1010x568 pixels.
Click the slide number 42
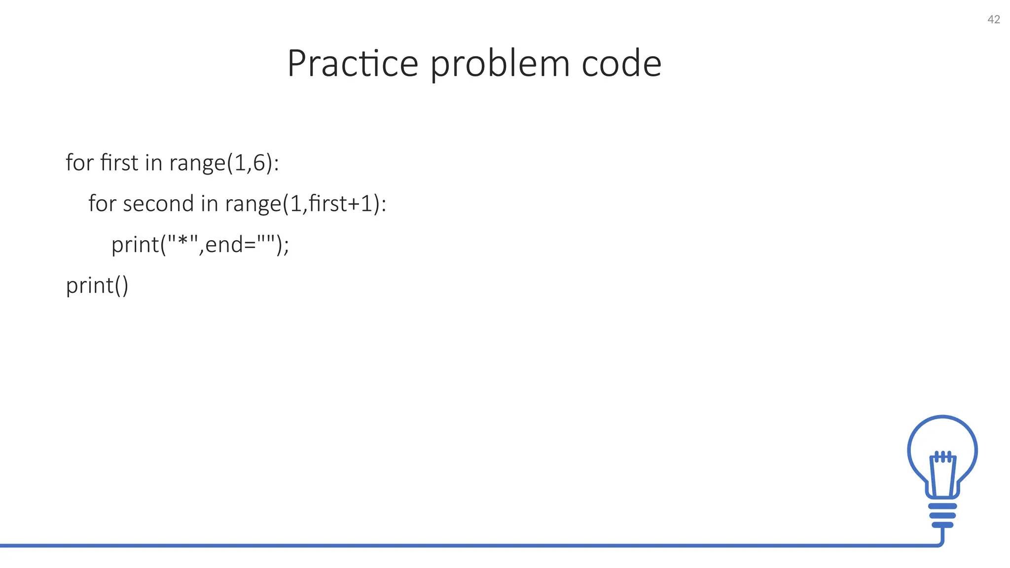click(993, 20)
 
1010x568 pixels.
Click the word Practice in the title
click(353, 64)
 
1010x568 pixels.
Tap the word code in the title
click(621, 64)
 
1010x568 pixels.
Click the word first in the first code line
click(119, 162)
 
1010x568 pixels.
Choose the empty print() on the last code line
click(97, 285)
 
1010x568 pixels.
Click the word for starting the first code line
click(79, 162)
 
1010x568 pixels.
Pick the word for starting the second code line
click(102, 204)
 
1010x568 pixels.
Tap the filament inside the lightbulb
click(942, 473)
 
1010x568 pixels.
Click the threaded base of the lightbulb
click(942, 515)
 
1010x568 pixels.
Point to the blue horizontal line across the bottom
click(444, 545)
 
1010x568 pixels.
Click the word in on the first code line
click(153, 162)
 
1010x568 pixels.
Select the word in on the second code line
click(209, 204)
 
